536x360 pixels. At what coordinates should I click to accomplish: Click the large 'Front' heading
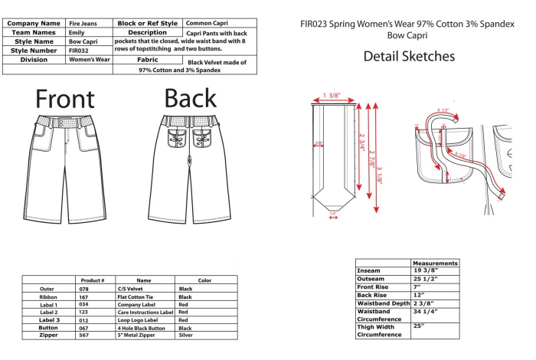click(x=65, y=99)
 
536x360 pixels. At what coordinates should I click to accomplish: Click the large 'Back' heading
click(x=191, y=99)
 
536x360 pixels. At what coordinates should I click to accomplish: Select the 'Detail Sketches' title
click(x=409, y=56)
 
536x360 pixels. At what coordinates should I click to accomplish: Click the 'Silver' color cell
click(x=185, y=335)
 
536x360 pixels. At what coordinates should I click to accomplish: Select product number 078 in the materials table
click(x=83, y=290)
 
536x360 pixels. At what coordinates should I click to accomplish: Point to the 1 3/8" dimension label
click(x=332, y=96)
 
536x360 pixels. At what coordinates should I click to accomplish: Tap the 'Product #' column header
click(x=93, y=280)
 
